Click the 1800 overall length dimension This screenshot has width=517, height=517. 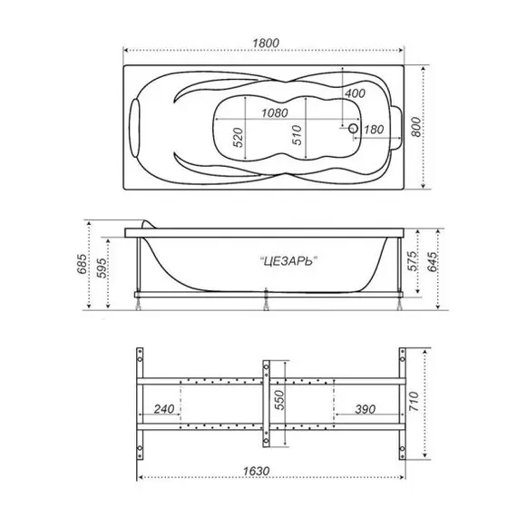tap(265, 41)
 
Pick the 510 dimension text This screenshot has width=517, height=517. tap(297, 137)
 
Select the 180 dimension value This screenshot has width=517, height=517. tap(371, 130)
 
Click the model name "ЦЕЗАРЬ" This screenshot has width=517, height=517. tap(287, 260)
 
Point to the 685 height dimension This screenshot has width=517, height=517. tap(83, 265)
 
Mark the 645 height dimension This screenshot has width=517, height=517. tap(435, 265)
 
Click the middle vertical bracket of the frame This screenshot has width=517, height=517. tap(266, 403)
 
